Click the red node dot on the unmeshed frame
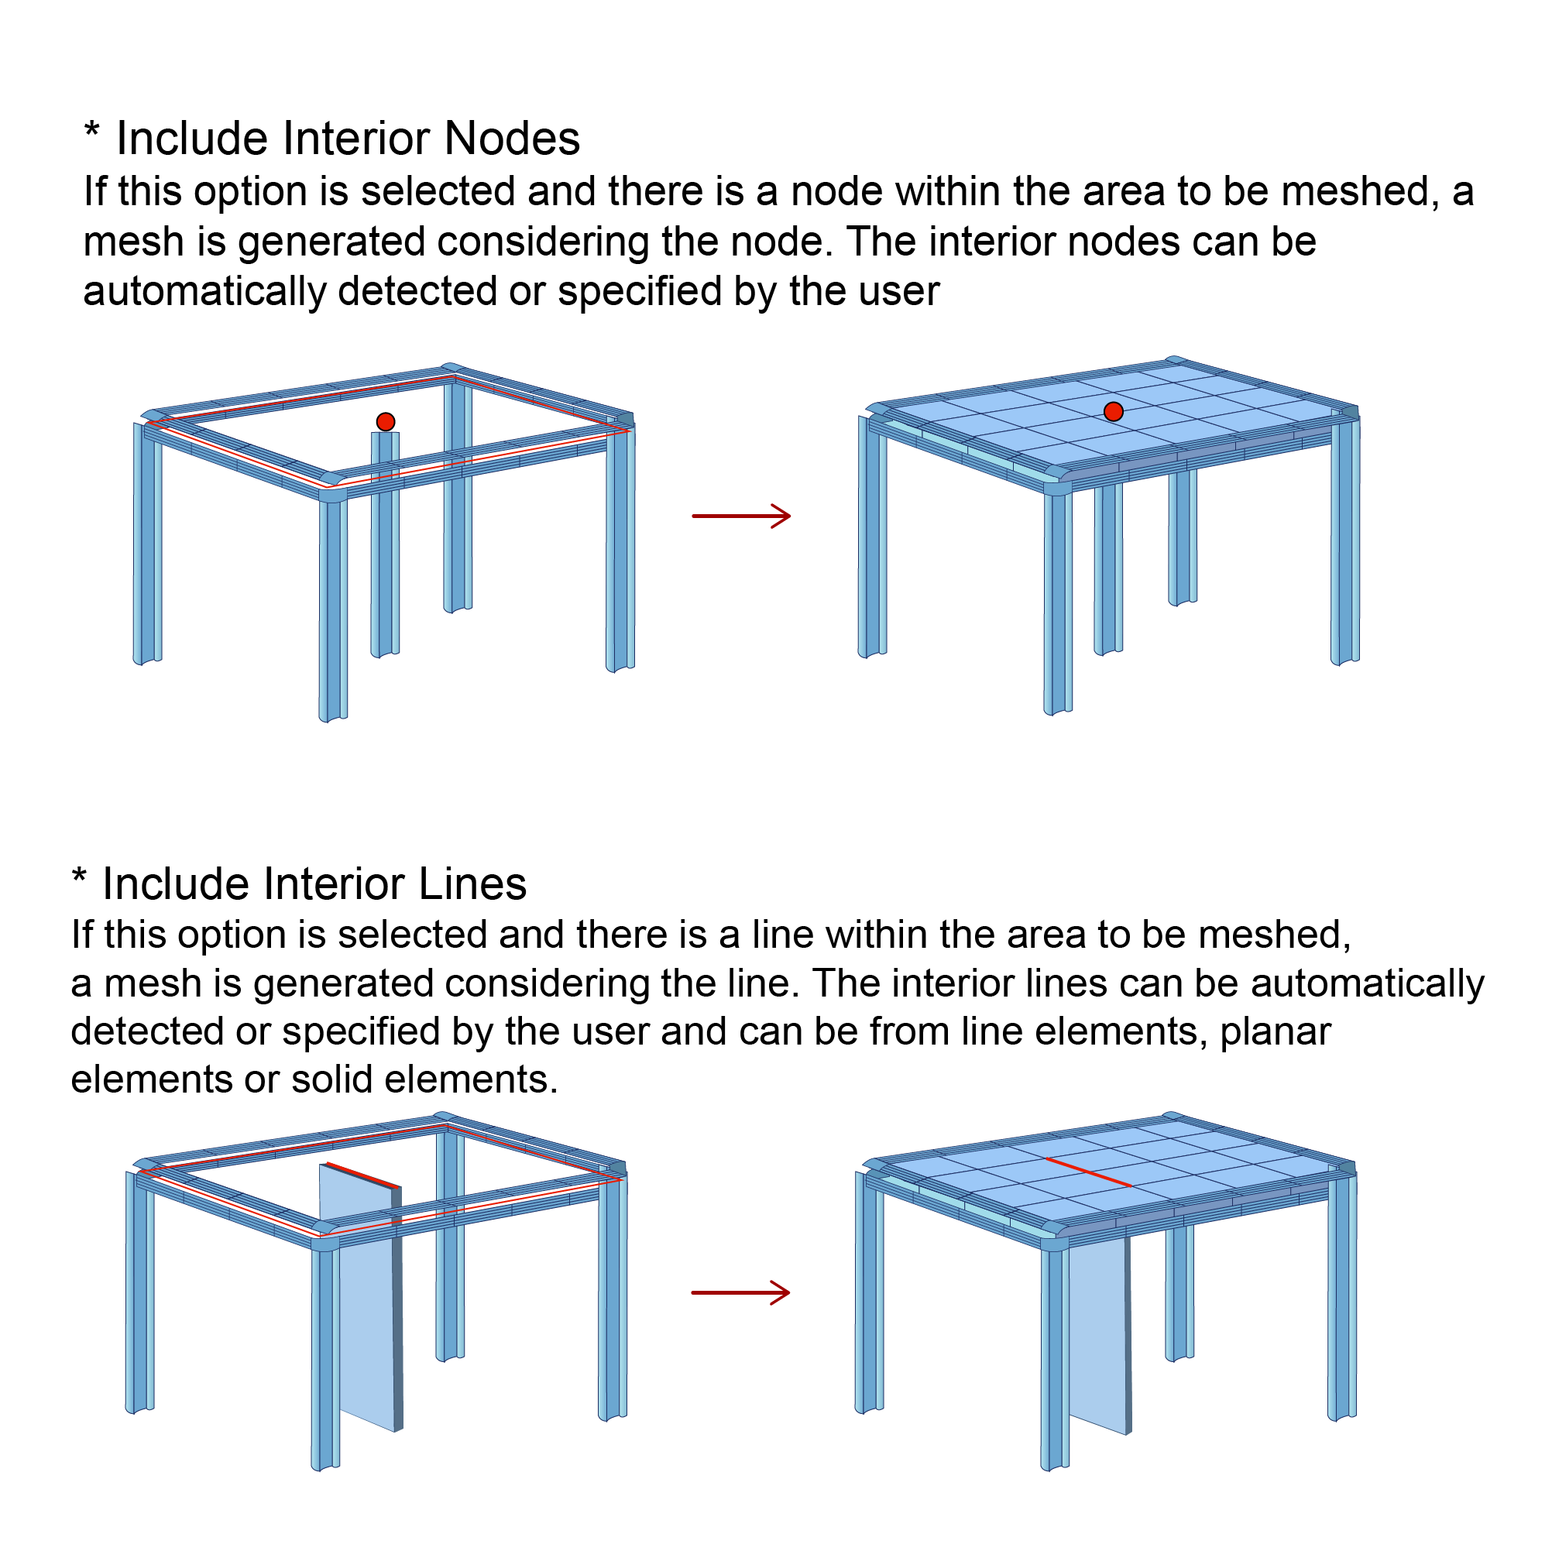click(x=386, y=422)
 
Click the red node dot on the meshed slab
click(x=1114, y=411)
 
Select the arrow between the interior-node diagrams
click(x=740, y=516)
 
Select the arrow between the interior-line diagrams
click(x=740, y=1292)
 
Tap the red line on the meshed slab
click(x=1088, y=1172)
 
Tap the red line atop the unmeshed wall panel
click(x=362, y=1175)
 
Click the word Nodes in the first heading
click(x=512, y=138)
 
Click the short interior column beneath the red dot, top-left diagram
click(x=385, y=546)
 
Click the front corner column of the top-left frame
click(x=332, y=610)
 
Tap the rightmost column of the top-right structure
click(x=1344, y=546)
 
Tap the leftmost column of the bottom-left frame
click(x=139, y=1293)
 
